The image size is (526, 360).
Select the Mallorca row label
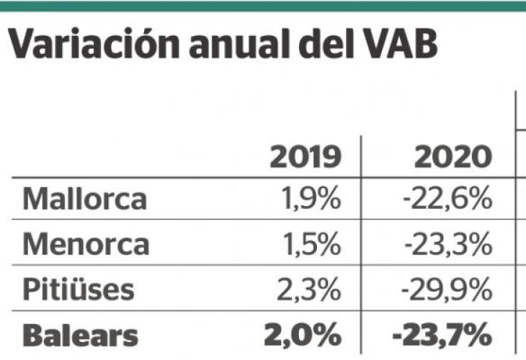point(84,199)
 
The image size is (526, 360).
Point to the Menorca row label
point(86,245)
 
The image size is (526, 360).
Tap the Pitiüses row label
point(78,290)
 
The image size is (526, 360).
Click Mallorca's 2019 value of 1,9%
point(310,199)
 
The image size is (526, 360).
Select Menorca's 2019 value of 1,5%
point(310,245)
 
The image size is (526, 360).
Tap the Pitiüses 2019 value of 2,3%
point(308,290)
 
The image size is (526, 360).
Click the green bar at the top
point(263,6)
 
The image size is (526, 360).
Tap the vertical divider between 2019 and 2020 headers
point(360,156)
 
